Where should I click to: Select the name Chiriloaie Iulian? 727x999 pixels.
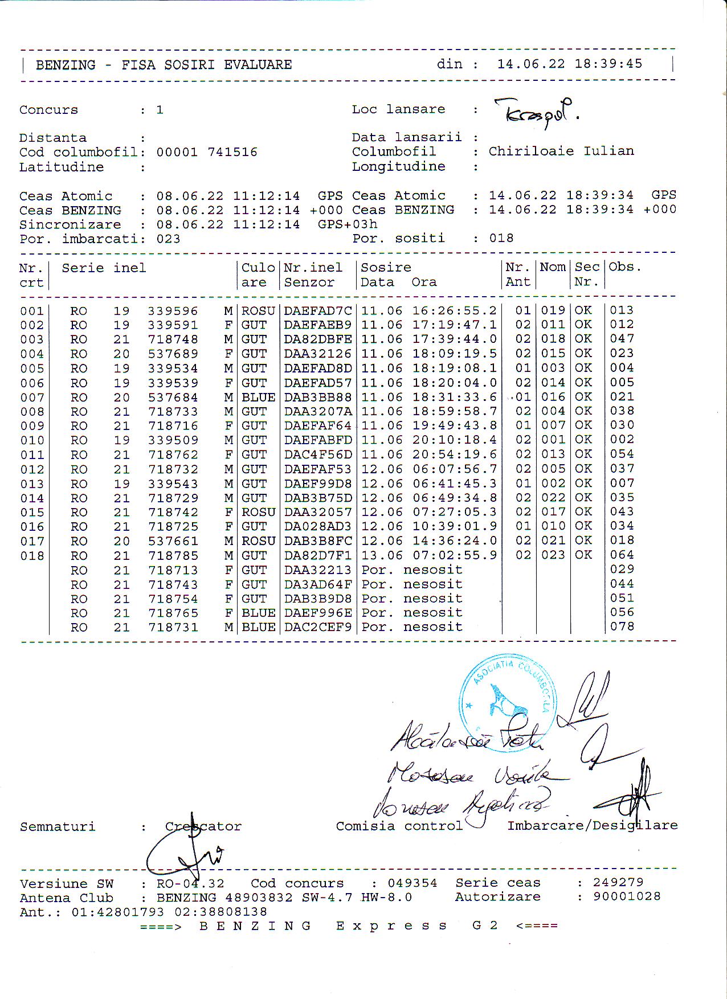pyautogui.click(x=561, y=151)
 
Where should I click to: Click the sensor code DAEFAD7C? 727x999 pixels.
pyautogui.click(x=318, y=311)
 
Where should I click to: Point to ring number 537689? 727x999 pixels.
pyautogui.click(x=173, y=354)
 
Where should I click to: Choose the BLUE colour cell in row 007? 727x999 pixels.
pyautogui.click(x=258, y=398)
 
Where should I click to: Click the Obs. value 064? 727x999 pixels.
pyautogui.click(x=622, y=555)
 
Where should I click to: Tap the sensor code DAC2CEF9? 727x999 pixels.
pyautogui.click(x=318, y=627)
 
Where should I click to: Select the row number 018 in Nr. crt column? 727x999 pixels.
pyautogui.click(x=32, y=556)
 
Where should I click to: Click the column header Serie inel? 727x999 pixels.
pyautogui.click(x=104, y=268)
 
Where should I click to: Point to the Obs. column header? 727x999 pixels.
pyautogui.click(x=624, y=267)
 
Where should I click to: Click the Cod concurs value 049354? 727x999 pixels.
pyautogui.click(x=412, y=883)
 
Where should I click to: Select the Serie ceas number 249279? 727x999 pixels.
pyautogui.click(x=618, y=882)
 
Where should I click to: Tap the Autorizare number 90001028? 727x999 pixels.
pyautogui.click(x=627, y=896)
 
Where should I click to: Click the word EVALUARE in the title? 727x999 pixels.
pyautogui.click(x=258, y=65)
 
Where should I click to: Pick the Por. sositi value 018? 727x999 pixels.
pyautogui.click(x=501, y=238)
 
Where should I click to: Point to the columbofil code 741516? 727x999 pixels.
pyautogui.click(x=232, y=152)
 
